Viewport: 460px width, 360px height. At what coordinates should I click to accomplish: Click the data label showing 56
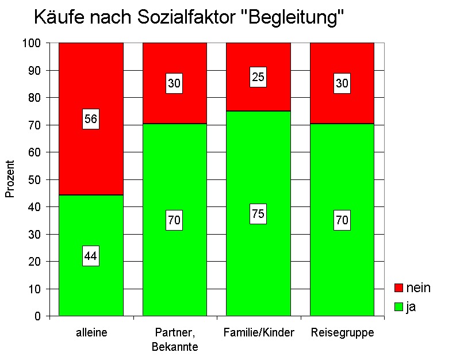[91, 120]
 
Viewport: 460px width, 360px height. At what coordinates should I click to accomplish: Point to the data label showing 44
[91, 256]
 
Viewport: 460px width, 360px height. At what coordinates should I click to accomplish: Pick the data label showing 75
[258, 214]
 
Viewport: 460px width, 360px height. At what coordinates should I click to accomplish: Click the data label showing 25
[258, 77]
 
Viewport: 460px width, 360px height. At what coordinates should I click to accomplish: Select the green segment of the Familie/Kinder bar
[258, 265]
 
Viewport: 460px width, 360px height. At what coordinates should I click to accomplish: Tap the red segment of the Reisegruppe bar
[342, 63]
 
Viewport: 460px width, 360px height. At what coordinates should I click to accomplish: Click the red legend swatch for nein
[398, 288]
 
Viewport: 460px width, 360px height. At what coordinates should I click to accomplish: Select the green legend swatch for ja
[398, 307]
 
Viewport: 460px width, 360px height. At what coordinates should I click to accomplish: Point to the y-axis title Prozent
[10, 179]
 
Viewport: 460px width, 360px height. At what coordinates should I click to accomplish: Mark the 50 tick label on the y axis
[36, 179]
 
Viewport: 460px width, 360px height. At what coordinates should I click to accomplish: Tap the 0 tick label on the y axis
[38, 316]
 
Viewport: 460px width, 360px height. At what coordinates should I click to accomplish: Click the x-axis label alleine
[91, 333]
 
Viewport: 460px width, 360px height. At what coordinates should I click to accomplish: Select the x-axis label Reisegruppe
[342, 333]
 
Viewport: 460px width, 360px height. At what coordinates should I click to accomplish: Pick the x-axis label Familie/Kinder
[258, 333]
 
